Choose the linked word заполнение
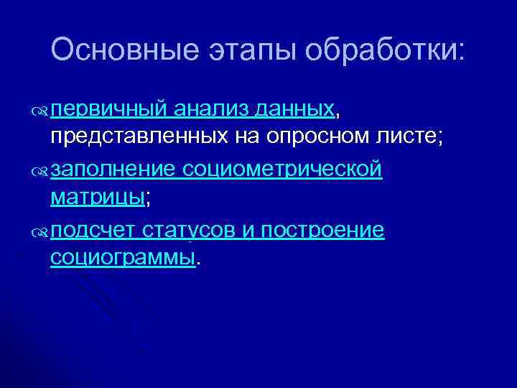(113, 170)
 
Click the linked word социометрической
(281, 170)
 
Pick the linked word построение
(323, 230)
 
